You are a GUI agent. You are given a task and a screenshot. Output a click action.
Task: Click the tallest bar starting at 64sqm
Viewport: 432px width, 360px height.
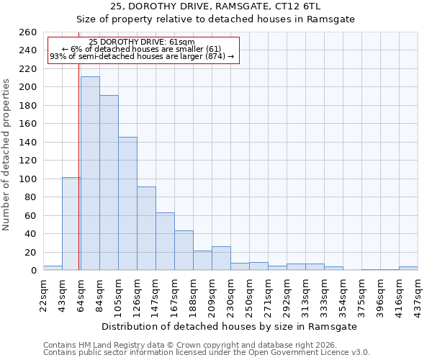click(90, 174)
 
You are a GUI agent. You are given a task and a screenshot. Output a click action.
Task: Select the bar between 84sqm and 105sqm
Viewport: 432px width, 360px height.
click(109, 183)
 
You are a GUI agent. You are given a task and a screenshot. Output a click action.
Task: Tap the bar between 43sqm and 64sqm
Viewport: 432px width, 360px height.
click(71, 224)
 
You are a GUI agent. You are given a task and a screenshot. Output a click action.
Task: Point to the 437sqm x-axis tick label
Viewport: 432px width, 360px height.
click(418, 292)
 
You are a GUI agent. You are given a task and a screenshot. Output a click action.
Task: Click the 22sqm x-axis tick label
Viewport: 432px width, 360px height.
click(44, 292)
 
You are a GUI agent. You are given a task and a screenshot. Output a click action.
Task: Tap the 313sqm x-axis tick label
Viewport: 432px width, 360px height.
click(306, 292)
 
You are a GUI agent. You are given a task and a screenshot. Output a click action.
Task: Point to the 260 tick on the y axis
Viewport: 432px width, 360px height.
click(28, 32)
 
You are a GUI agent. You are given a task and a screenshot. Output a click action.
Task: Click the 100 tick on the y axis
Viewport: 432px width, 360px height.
click(28, 179)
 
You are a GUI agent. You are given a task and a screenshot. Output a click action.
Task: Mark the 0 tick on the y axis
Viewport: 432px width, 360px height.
click(33, 271)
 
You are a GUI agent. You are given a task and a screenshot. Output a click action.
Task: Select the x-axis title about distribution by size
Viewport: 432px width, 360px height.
click(230, 326)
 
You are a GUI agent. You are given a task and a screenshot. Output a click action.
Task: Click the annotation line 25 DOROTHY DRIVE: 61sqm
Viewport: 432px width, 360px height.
click(142, 42)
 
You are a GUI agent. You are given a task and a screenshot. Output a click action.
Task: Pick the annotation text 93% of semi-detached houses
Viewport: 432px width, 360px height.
click(142, 56)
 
